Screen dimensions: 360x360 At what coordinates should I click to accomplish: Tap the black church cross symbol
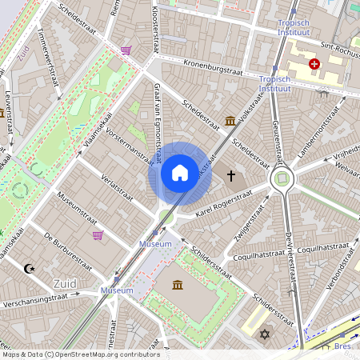click(231, 175)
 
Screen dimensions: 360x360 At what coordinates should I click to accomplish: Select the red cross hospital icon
click(314, 62)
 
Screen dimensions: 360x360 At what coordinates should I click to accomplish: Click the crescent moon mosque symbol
click(30, 270)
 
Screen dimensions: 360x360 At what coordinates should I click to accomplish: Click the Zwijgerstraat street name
click(254, 222)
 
